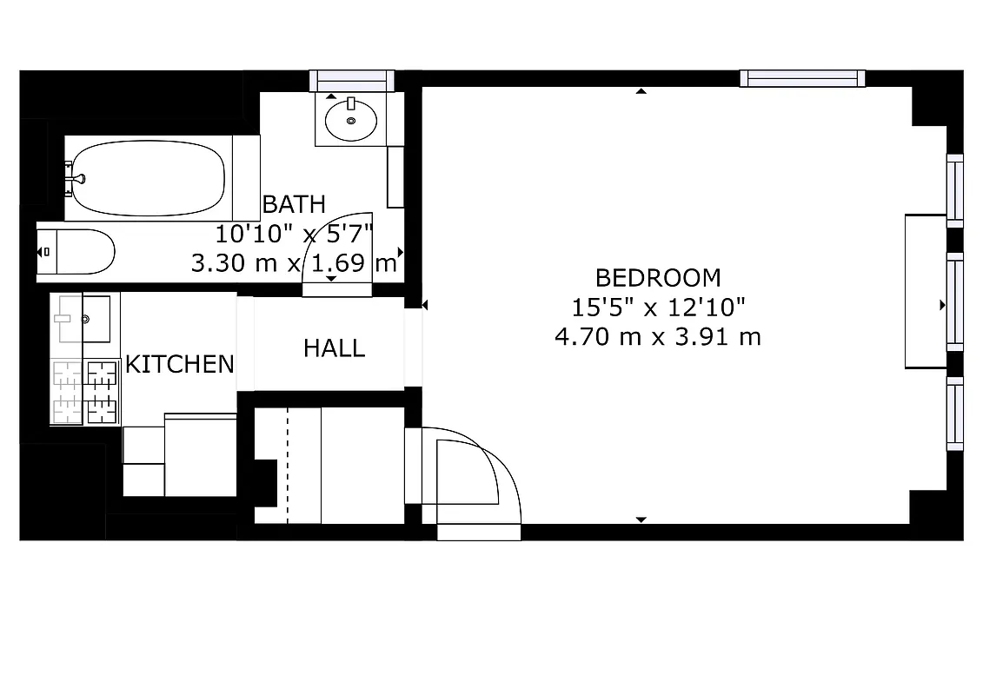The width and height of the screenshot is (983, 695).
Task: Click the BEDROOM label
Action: [658, 278]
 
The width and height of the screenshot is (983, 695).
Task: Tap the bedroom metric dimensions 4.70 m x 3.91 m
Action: [658, 336]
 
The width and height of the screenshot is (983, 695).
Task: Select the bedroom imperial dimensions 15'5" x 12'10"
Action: [658, 307]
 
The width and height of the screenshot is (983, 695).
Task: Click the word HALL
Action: [334, 348]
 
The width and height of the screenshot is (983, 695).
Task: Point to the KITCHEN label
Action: [180, 364]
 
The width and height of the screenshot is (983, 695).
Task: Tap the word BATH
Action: [294, 205]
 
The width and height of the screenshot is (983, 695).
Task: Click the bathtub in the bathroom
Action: [148, 178]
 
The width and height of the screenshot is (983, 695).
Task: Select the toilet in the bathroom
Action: [76, 252]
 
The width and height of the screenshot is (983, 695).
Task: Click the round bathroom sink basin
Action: [351, 120]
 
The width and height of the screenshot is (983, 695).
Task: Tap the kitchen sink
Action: [84, 319]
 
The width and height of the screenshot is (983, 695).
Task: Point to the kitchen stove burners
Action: [85, 391]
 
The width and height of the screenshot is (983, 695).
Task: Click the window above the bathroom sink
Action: [351, 80]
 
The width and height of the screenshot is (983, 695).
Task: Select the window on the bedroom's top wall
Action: [802, 78]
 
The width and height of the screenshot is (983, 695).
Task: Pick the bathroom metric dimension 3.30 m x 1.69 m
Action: [294, 262]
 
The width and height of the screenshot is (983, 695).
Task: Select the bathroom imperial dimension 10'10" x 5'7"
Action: [294, 234]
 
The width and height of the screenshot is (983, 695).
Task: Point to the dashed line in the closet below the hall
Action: [287, 465]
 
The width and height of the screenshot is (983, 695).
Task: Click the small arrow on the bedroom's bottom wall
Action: [641, 520]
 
